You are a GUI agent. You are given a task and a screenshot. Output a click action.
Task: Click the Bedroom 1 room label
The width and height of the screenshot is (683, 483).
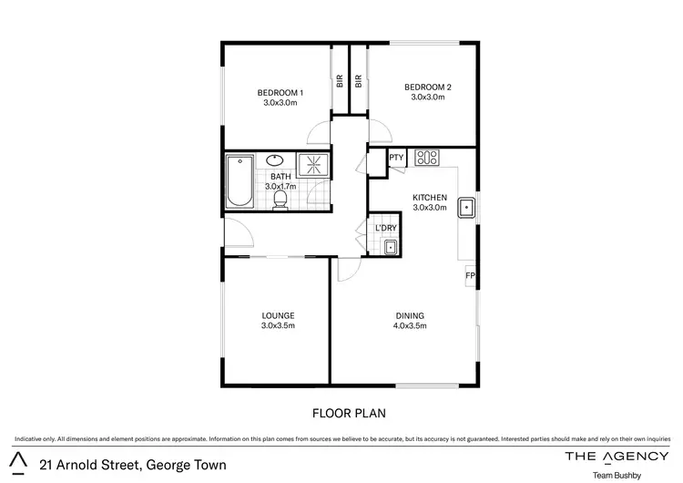pos(280,92)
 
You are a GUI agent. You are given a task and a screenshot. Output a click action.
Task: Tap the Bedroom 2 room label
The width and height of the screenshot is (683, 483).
pos(427,87)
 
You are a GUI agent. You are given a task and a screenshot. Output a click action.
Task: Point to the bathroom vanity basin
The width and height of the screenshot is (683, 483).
pos(276,161)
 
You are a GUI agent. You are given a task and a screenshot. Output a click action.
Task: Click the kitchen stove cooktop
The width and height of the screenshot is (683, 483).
pos(427,158)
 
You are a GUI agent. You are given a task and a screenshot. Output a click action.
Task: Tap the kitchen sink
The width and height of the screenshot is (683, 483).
pos(466,208)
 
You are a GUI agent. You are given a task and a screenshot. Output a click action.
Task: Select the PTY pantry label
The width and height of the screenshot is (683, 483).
pos(396,158)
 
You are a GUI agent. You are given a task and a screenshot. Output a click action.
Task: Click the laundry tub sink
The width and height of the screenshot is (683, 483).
pos(390,246)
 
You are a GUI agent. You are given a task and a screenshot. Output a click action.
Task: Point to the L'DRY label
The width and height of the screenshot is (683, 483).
pos(386,228)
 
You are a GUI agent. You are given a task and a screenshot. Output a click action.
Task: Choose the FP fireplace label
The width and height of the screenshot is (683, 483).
pos(470,274)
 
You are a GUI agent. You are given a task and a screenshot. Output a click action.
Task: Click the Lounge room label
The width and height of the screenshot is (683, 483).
pos(278,316)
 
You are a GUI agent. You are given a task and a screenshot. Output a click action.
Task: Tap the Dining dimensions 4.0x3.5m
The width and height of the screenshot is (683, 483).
pos(409,325)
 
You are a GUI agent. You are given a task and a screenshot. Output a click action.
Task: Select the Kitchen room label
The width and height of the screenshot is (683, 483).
pos(429,198)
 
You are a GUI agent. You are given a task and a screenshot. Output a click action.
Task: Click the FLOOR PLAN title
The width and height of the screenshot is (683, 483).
pos(350,413)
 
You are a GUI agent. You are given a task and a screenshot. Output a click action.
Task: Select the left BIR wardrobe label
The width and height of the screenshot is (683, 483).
pos(340,80)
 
